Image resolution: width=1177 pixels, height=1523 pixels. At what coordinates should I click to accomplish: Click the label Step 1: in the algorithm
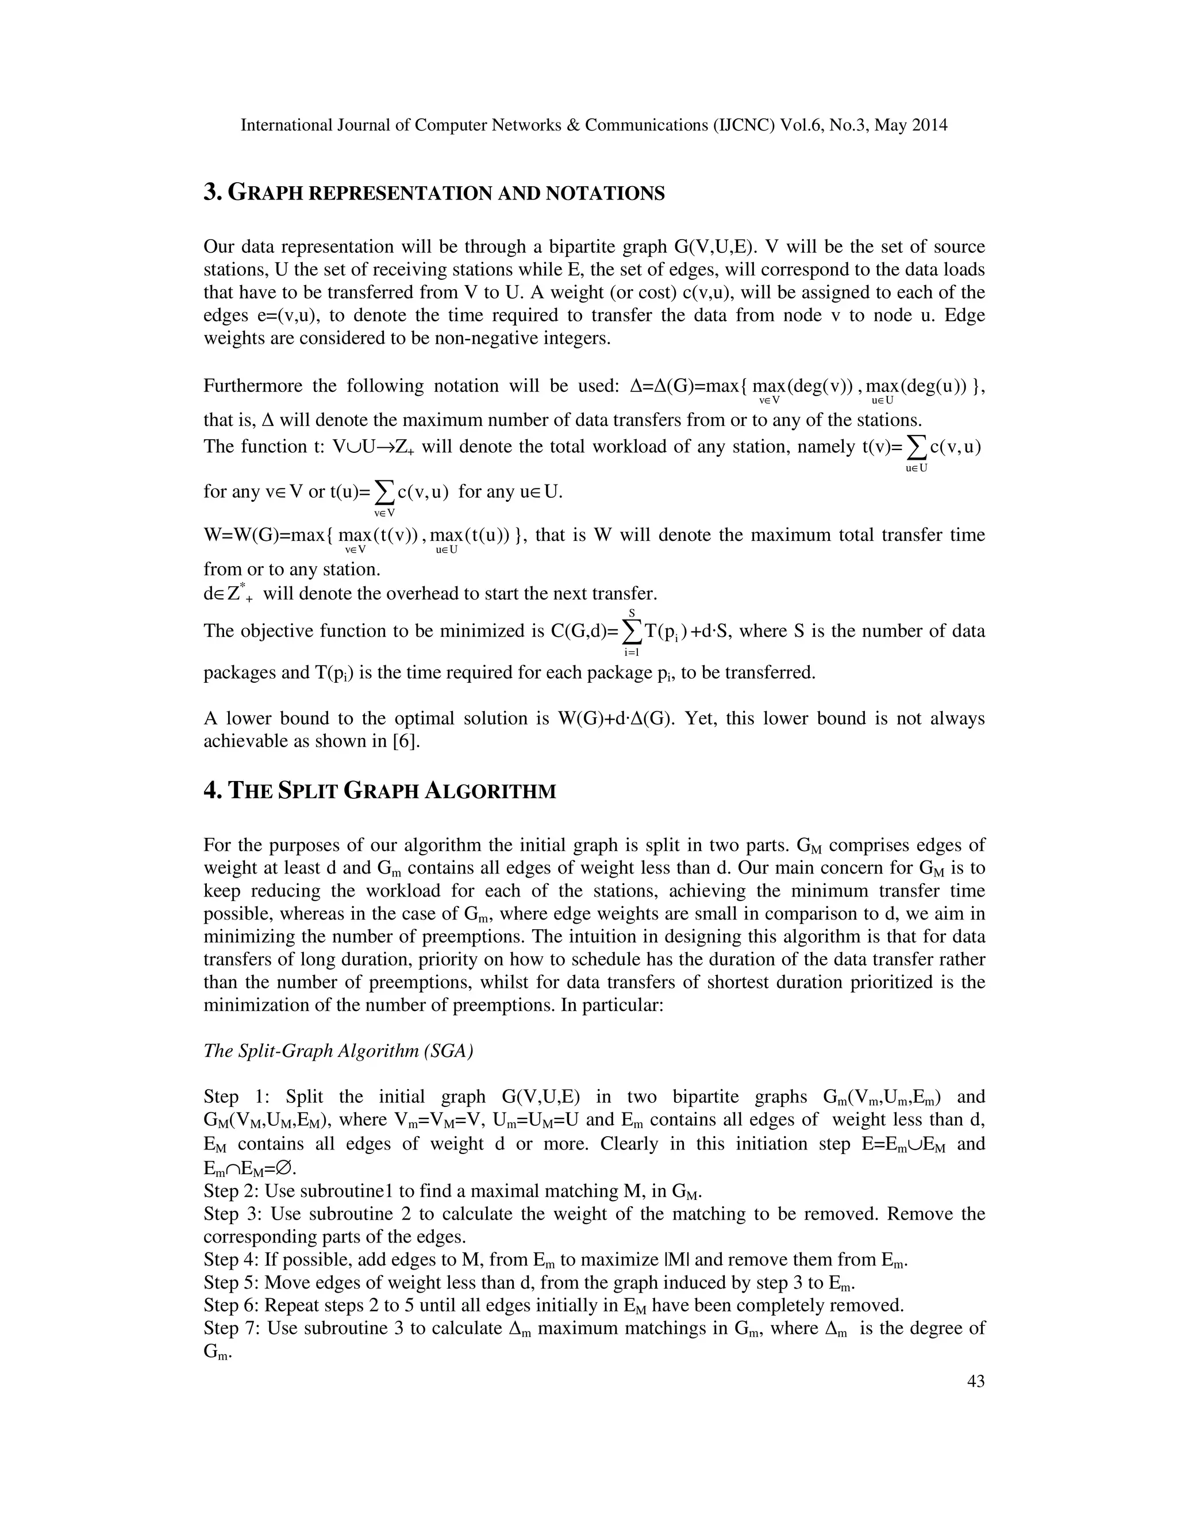pyautogui.click(x=232, y=1097)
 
